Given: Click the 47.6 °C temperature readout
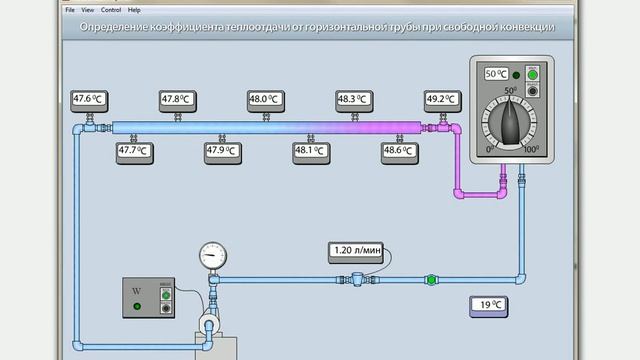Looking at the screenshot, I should point(89,99).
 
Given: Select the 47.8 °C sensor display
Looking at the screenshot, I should point(177,99).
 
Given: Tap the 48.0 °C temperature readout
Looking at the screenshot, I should point(265,99).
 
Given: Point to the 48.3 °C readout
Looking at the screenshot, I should point(353,99).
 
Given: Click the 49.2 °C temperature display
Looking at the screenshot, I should point(441,99).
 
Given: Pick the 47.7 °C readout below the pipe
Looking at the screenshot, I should point(133,151).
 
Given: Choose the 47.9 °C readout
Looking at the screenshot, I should point(221,151).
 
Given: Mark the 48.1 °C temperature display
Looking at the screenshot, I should point(310,151).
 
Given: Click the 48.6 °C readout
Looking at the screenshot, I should point(398,151).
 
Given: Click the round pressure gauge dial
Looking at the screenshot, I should point(211,254).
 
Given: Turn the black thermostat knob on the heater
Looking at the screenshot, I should point(511,122).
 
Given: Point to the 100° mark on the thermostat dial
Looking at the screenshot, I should point(532,149).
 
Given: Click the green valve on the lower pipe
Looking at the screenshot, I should point(431,280).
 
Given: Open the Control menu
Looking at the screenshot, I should point(111,9).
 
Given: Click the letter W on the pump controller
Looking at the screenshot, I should point(137,291).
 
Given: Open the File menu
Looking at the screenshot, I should point(70,9).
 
